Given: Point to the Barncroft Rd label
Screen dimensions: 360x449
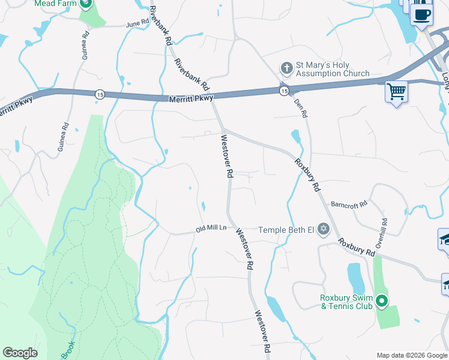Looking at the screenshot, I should (x=349, y=205).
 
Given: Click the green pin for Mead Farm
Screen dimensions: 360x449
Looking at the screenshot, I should (x=85, y=4).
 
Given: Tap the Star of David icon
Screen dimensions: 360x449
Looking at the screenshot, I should (x=324, y=229).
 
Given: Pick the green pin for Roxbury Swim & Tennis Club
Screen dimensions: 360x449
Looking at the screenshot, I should (x=382, y=300).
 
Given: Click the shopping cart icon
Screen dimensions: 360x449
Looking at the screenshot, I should (x=396, y=92).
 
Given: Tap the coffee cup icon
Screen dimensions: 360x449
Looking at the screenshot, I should (x=421, y=14).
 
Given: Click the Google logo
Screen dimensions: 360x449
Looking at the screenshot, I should (x=20, y=353).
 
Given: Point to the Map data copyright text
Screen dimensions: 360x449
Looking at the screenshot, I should (x=412, y=355).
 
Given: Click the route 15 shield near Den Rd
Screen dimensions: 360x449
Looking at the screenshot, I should (x=283, y=90).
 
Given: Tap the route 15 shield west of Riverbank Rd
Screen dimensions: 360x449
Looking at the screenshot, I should (x=99, y=94).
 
